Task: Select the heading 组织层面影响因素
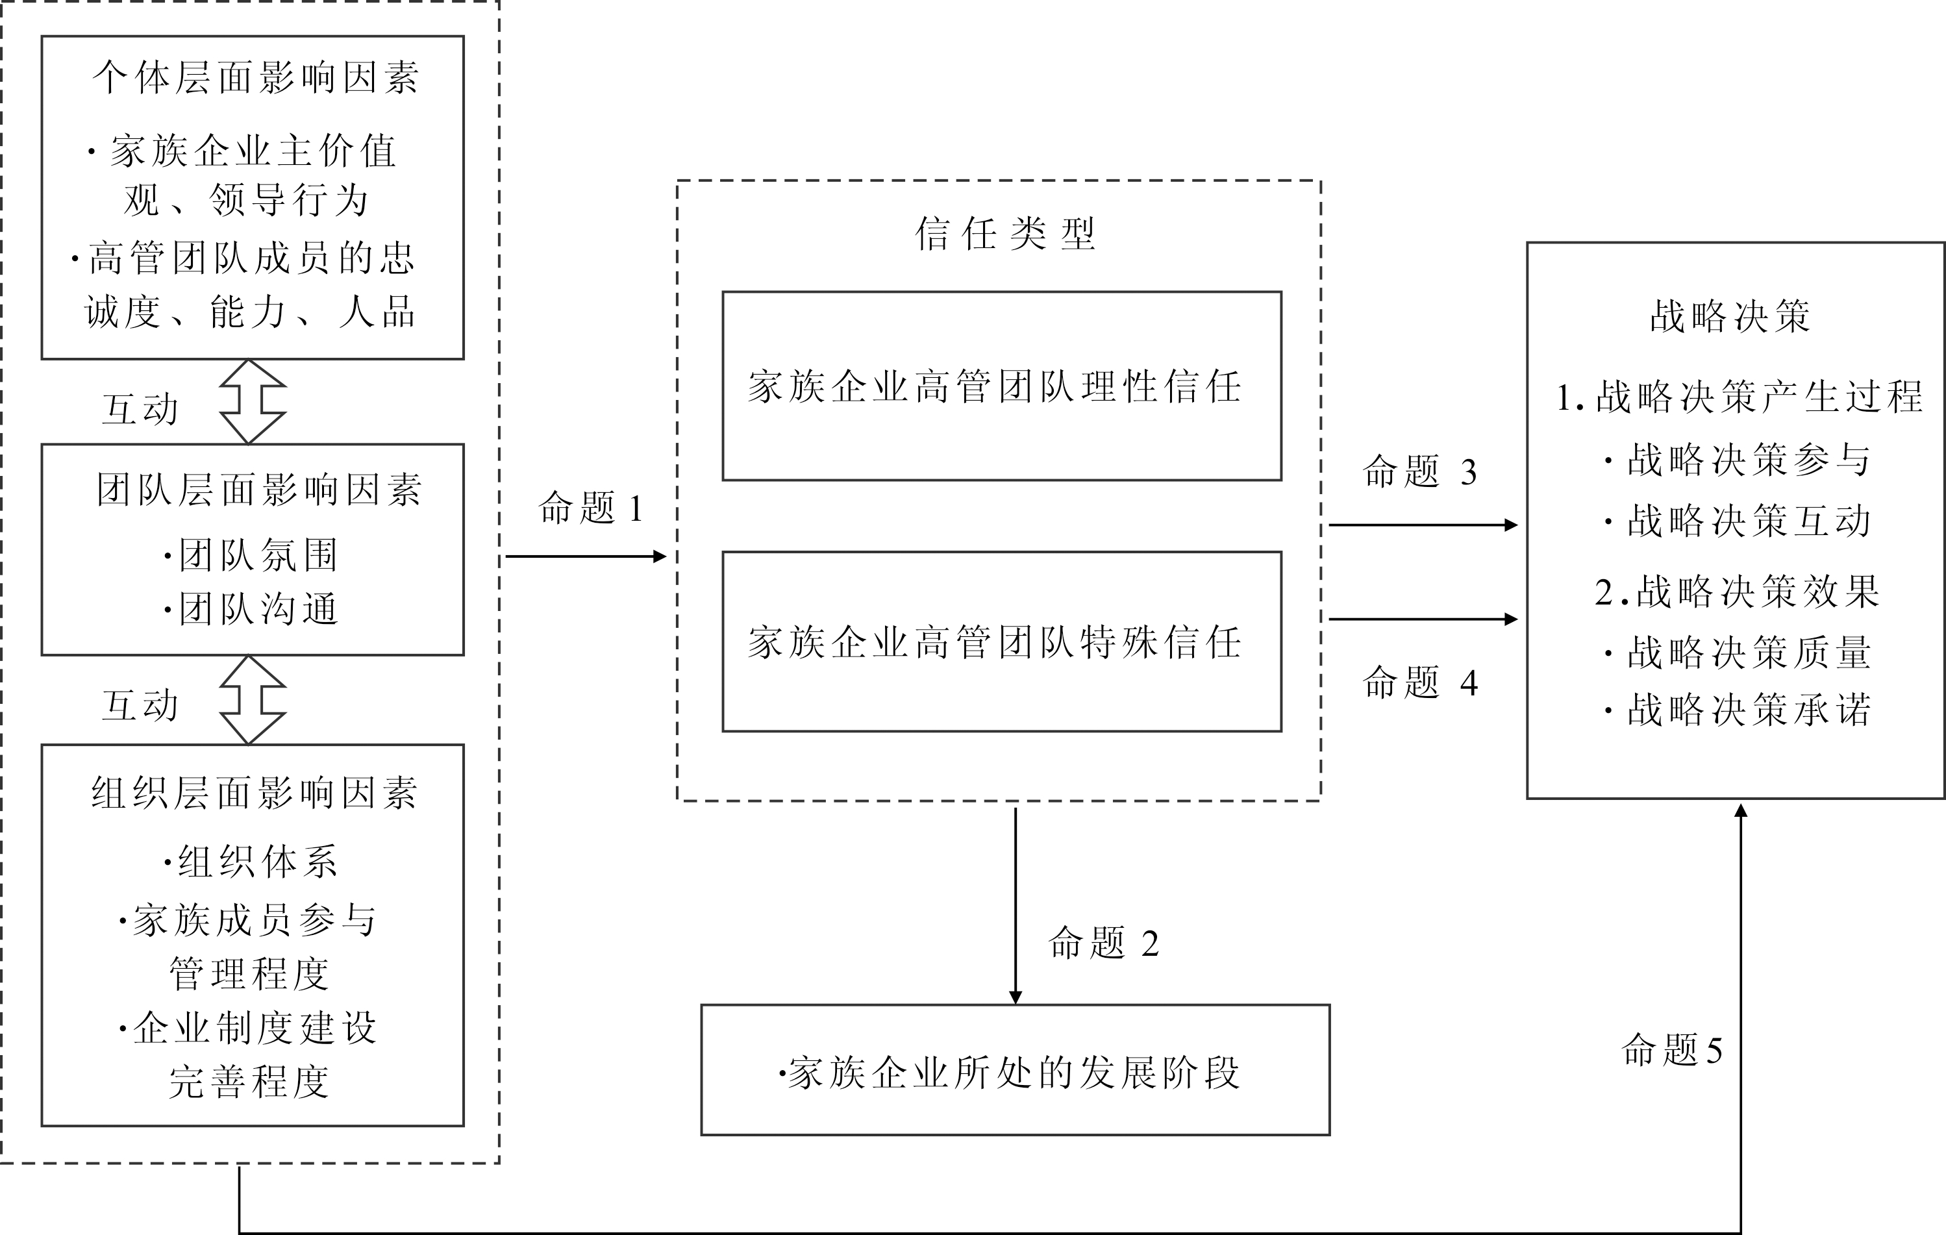[255, 793]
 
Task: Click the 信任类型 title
[1004, 234]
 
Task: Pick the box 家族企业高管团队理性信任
[1001, 386]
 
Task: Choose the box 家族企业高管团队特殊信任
[1001, 642]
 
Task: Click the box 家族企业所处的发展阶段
[1015, 1070]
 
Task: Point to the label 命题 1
[591, 508]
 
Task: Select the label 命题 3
[1420, 472]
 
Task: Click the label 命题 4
[1420, 683]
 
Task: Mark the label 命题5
[1671, 1050]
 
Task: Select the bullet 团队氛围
[252, 555]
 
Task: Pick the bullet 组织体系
[252, 862]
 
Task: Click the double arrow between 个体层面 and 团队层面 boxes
[252, 402]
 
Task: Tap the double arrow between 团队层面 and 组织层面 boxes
[252, 700]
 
